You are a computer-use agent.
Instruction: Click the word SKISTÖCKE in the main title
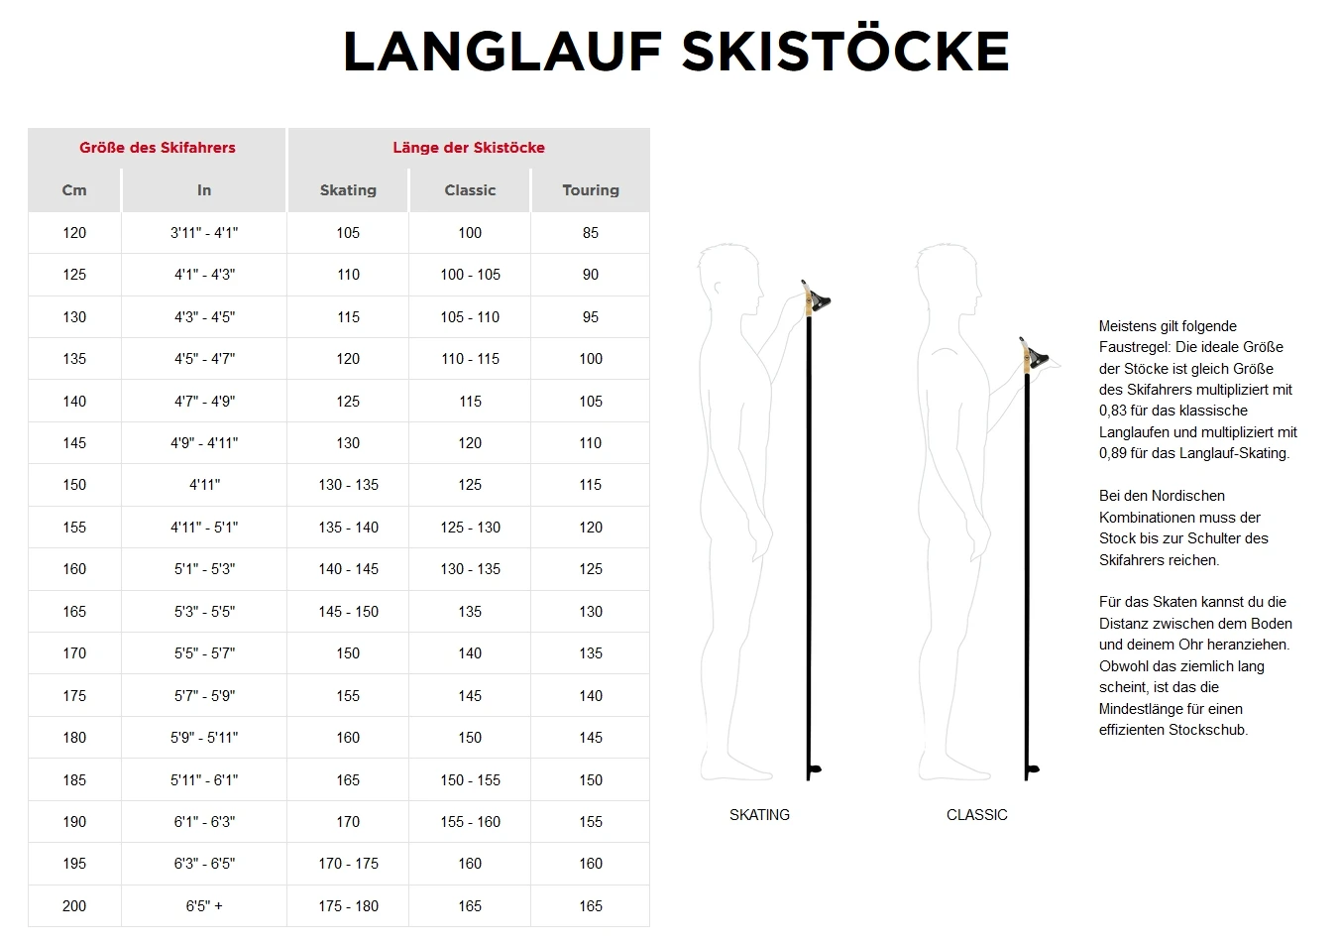pyautogui.click(x=845, y=52)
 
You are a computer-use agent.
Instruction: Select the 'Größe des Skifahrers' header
pyautogui.click(x=158, y=148)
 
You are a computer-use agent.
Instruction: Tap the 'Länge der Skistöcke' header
pyautogui.click(x=469, y=148)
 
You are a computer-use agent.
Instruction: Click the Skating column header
pyautogui.click(x=348, y=190)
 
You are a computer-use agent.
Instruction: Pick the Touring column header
pyautogui.click(x=591, y=190)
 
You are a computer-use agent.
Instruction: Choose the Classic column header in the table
pyautogui.click(x=470, y=190)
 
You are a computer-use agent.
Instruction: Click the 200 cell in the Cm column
pyautogui.click(x=74, y=906)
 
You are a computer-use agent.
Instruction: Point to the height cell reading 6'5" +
pyautogui.click(x=204, y=906)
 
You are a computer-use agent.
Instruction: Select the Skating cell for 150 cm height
pyautogui.click(x=348, y=485)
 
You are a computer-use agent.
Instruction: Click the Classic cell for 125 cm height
pyautogui.click(x=470, y=275)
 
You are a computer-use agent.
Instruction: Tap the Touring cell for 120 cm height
pyautogui.click(x=591, y=233)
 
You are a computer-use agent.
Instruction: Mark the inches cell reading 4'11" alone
pyautogui.click(x=204, y=485)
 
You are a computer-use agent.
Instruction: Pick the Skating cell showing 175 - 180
pyautogui.click(x=348, y=906)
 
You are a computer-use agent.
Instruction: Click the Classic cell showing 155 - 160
pyautogui.click(x=470, y=822)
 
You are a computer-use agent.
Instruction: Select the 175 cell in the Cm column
pyautogui.click(x=74, y=696)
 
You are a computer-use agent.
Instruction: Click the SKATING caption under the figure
pyautogui.click(x=759, y=815)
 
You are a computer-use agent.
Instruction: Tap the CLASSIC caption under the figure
pyautogui.click(x=976, y=815)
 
